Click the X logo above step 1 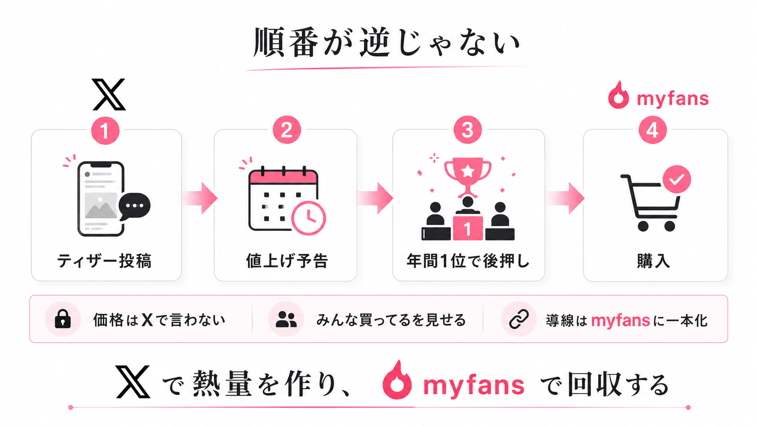[x=109, y=95]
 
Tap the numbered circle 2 [x=287, y=130]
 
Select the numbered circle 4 [x=652, y=130]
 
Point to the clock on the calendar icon [x=308, y=218]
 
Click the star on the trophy [x=468, y=171]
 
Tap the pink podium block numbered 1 [x=468, y=228]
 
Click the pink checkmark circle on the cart [x=676, y=179]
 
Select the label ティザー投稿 [x=105, y=261]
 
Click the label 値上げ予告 [x=287, y=261]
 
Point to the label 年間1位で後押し [x=468, y=261]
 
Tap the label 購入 [x=653, y=261]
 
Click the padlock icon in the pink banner [x=63, y=319]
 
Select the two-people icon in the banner [x=286, y=319]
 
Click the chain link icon [x=519, y=319]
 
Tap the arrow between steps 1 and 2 [x=199, y=198]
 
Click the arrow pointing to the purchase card [x=565, y=198]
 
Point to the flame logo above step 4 [x=618, y=95]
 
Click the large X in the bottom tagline [x=133, y=381]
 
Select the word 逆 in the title [x=375, y=43]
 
